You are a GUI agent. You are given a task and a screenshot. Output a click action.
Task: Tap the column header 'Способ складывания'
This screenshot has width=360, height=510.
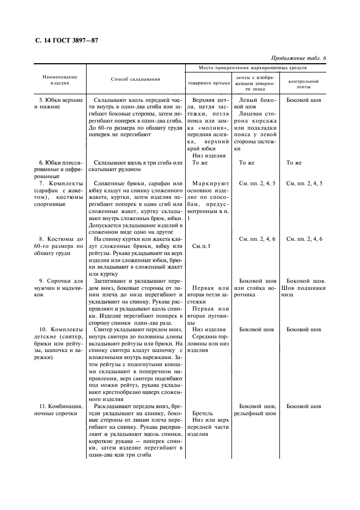click(136, 80)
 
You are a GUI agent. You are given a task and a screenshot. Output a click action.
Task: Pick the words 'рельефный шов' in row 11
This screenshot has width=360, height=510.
click(254, 414)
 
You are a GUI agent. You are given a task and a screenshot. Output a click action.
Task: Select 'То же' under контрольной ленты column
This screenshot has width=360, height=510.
click(294, 163)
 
